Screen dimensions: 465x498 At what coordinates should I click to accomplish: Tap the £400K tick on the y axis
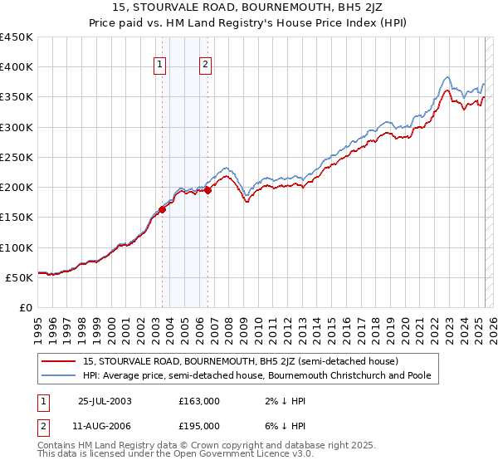click(x=17, y=67)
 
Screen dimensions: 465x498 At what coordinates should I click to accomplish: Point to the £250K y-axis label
click(x=17, y=157)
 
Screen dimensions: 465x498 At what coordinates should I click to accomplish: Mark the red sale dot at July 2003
click(x=163, y=209)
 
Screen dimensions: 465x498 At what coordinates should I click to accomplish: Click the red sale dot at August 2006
click(x=207, y=190)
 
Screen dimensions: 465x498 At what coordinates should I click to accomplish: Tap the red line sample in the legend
click(x=58, y=361)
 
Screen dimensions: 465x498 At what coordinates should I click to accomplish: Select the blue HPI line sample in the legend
click(x=58, y=375)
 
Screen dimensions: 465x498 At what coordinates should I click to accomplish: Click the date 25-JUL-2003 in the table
click(x=104, y=401)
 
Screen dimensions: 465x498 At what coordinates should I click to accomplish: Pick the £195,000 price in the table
click(x=200, y=425)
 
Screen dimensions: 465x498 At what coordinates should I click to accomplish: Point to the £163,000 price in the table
click(x=200, y=401)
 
